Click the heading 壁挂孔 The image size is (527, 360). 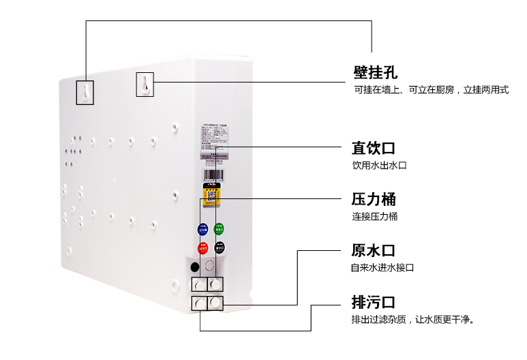click(x=375, y=72)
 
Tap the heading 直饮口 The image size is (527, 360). click(x=374, y=148)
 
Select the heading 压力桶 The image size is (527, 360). click(x=374, y=200)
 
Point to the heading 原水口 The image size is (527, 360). click(x=374, y=250)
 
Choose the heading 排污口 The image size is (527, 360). click(x=374, y=302)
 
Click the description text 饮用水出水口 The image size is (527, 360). click(x=379, y=166)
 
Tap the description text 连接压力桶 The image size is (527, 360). click(x=374, y=217)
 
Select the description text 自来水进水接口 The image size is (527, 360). click(x=382, y=268)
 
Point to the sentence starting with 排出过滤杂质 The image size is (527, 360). click(x=412, y=319)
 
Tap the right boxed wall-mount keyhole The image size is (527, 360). click(x=145, y=84)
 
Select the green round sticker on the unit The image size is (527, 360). click(x=219, y=228)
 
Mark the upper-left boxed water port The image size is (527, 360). click(x=198, y=284)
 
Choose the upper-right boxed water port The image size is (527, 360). click(x=215, y=284)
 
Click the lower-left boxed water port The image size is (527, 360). click(x=198, y=303)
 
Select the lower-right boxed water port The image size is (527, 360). click(x=215, y=303)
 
